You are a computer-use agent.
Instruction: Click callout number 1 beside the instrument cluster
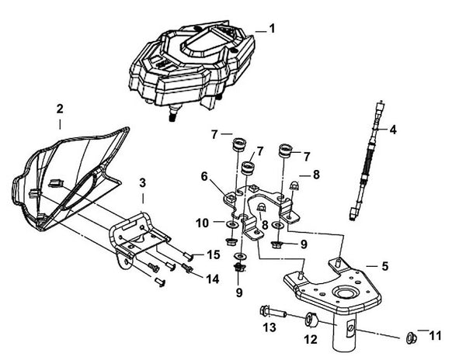pyautogui.click(x=272, y=28)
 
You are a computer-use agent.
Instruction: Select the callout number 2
pyautogui.click(x=61, y=110)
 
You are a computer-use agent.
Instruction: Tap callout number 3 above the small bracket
pyautogui.click(x=142, y=183)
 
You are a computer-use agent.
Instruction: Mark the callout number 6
pyautogui.click(x=203, y=177)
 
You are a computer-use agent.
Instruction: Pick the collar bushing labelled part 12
pyautogui.click(x=312, y=319)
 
